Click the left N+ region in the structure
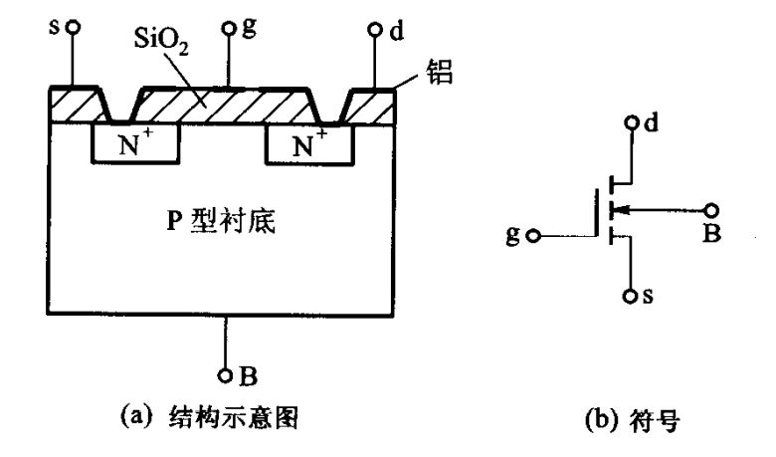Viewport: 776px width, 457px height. pyautogui.click(x=135, y=145)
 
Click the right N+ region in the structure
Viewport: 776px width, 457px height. pyautogui.click(x=309, y=145)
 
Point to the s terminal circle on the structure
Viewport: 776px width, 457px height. pyautogui.click(x=72, y=30)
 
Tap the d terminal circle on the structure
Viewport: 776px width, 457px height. pyautogui.click(x=375, y=30)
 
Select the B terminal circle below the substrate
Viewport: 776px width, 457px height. pyautogui.click(x=228, y=377)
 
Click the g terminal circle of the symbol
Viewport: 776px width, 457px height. pyautogui.click(x=534, y=237)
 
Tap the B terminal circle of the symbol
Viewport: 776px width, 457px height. pyautogui.click(x=711, y=209)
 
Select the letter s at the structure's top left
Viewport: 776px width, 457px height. pyautogui.click(x=56, y=22)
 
